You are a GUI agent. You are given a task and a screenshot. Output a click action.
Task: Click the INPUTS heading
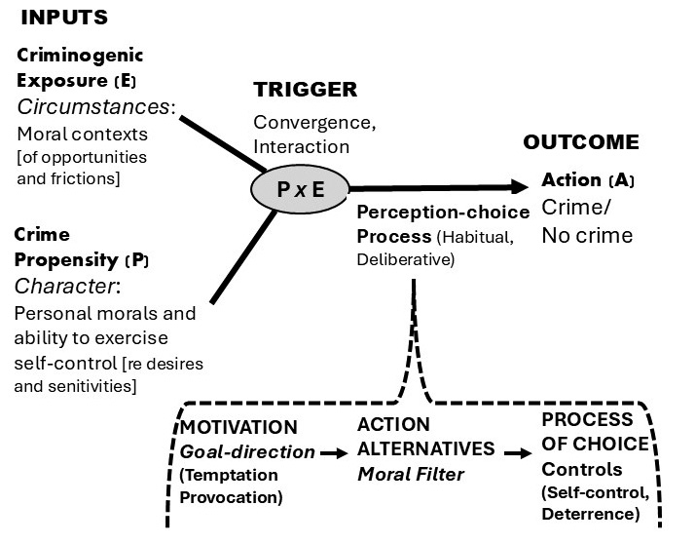(x=65, y=17)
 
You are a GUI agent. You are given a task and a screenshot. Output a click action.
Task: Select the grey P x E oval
(x=299, y=190)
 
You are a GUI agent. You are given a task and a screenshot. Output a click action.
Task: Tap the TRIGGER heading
(x=306, y=90)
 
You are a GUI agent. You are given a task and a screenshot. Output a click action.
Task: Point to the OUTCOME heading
(x=581, y=142)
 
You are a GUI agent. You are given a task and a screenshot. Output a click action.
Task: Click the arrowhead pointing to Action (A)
(x=521, y=188)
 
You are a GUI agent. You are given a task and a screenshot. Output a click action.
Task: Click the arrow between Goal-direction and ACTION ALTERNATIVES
(x=333, y=452)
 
